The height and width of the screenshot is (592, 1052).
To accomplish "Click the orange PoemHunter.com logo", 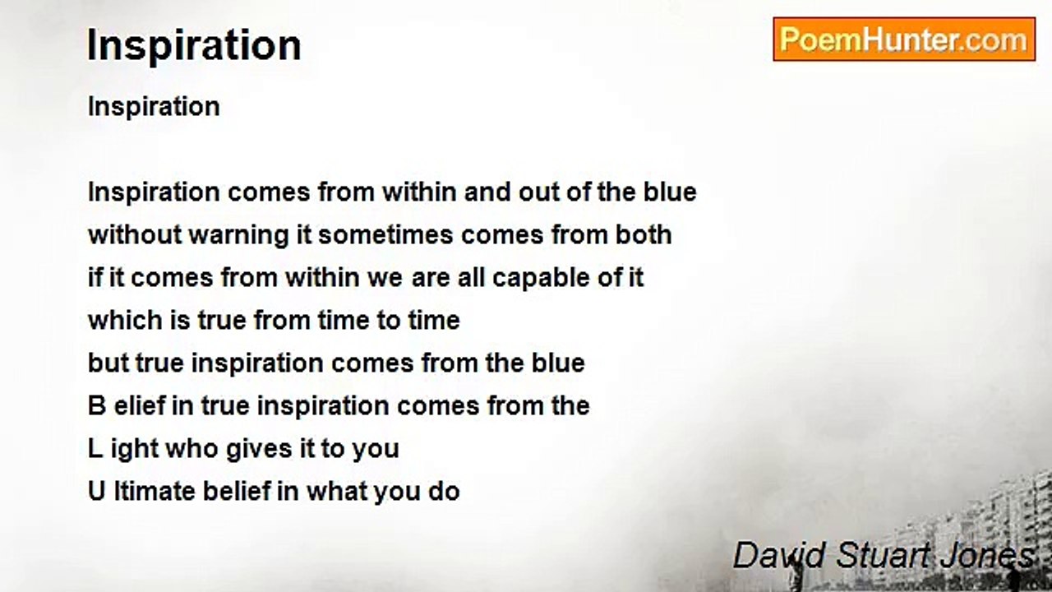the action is tap(904, 39).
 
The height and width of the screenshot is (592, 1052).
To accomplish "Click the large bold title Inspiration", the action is tap(194, 45).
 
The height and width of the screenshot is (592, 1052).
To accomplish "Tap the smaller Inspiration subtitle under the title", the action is tap(154, 107).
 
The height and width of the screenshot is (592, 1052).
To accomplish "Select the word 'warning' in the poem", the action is tap(238, 235).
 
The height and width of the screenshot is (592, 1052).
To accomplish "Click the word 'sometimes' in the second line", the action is tap(385, 235).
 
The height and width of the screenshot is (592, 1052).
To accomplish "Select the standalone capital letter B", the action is tap(97, 406).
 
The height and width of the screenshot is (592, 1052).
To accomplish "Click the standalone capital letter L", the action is tap(95, 449).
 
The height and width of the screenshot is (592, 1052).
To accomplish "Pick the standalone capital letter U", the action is tap(97, 492).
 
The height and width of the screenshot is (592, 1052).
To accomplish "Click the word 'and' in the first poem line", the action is tap(487, 192).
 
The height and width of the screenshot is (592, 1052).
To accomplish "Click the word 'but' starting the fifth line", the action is tap(108, 363).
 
